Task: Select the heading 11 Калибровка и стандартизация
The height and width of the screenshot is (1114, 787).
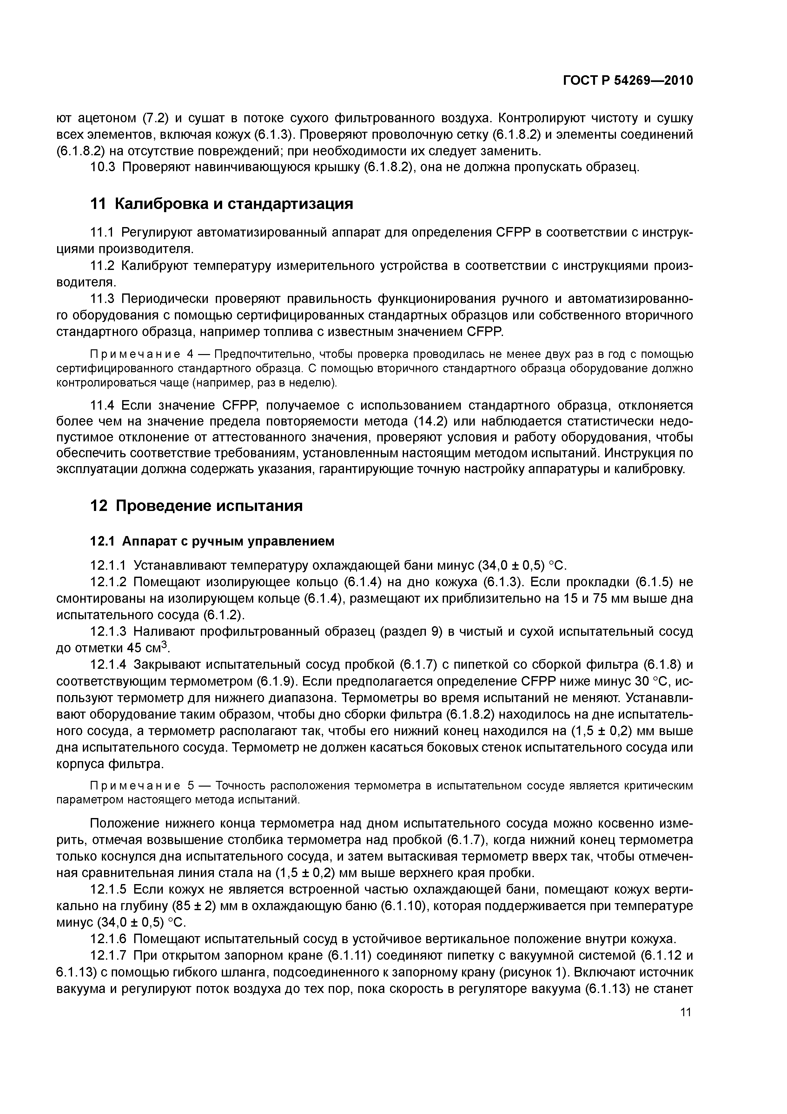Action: point(222,204)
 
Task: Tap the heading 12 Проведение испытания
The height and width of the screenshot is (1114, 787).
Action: point(196,506)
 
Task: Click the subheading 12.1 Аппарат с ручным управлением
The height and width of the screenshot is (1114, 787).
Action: point(212,540)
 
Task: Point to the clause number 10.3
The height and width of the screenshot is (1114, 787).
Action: point(103,167)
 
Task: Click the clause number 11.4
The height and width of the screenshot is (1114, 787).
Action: point(103,405)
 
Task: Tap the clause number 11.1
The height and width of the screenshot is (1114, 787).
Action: point(103,232)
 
